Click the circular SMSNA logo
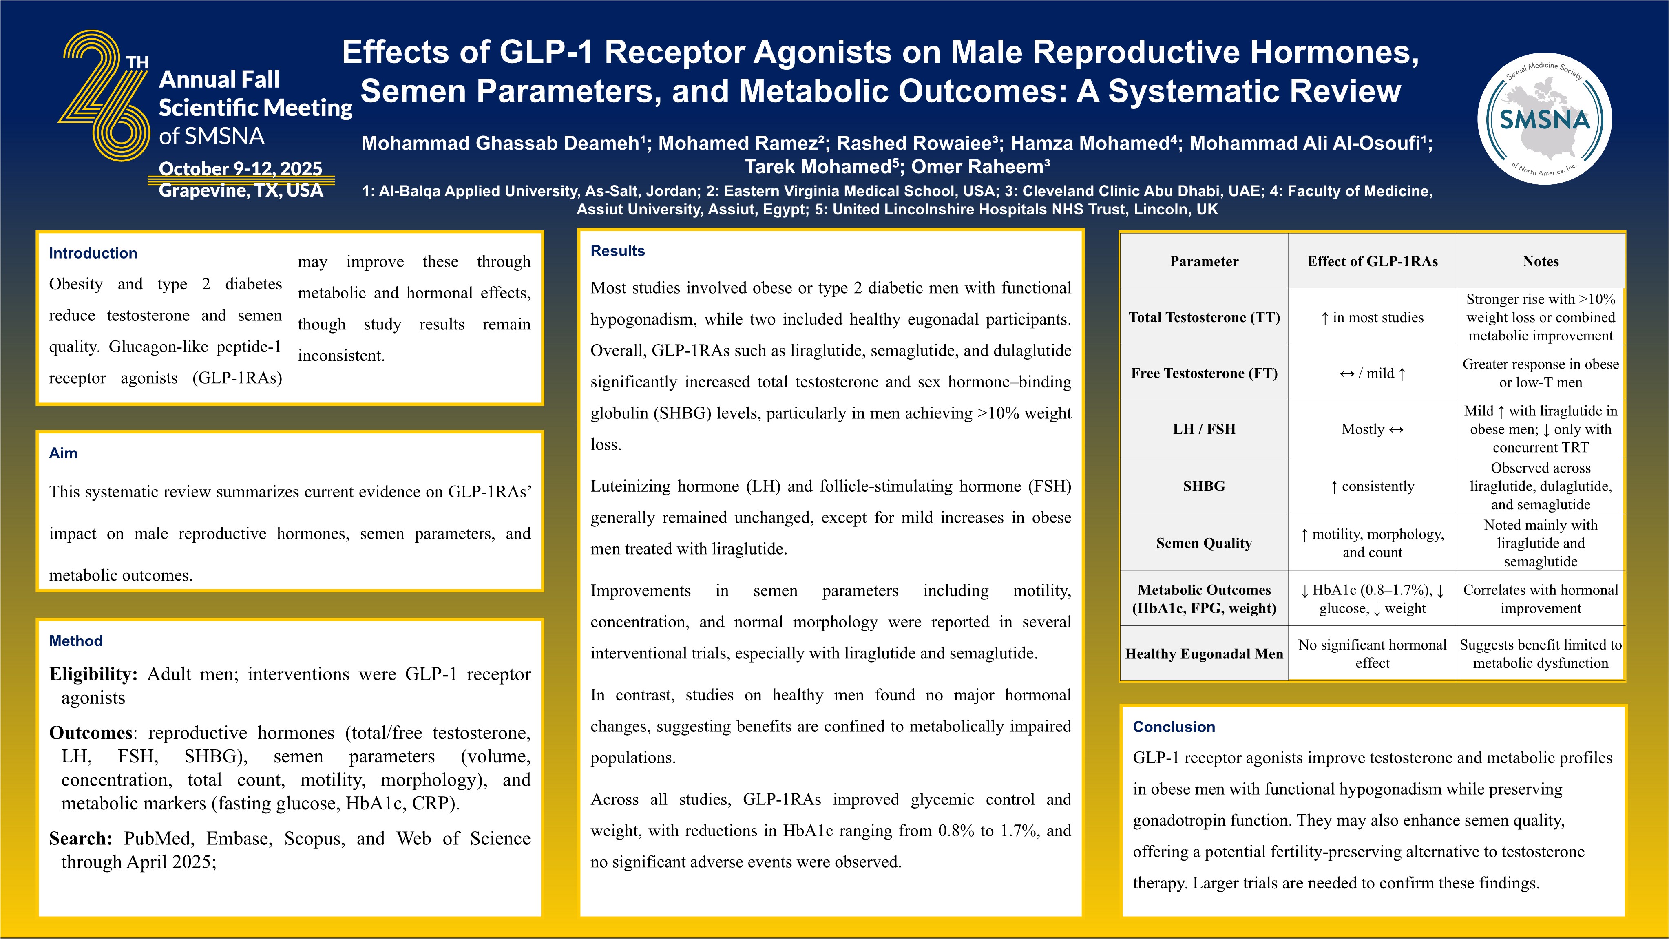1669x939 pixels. click(x=1545, y=119)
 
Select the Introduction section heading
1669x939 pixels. click(x=93, y=253)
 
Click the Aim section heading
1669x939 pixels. click(x=63, y=453)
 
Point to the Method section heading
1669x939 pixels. click(x=76, y=641)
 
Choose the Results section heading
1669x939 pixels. click(x=617, y=251)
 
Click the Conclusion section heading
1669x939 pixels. click(x=1173, y=727)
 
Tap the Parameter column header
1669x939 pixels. click(x=1204, y=262)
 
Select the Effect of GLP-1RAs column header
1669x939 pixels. click(x=1372, y=262)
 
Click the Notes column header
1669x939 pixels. click(x=1541, y=262)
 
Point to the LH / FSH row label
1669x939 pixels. click(x=1204, y=429)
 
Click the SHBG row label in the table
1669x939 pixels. click(x=1204, y=486)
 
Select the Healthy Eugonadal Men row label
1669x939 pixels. click(x=1204, y=654)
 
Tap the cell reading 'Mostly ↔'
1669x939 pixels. click(x=1372, y=429)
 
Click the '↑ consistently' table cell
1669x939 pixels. click(x=1372, y=486)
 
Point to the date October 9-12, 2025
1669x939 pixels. click(x=240, y=168)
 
